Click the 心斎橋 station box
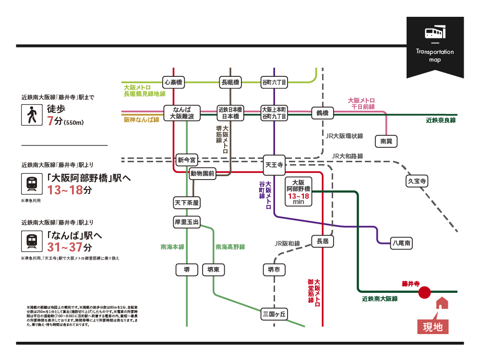pyautogui.click(x=174, y=82)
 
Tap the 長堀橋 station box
pyautogui.click(x=230, y=82)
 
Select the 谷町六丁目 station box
pyautogui.click(x=274, y=82)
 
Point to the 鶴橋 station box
pyautogui.click(x=322, y=113)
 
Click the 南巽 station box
pyautogui.click(x=386, y=141)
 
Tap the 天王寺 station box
pyautogui.click(x=274, y=165)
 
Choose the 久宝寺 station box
pyautogui.click(x=417, y=181)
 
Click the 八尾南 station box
pyautogui.click(x=401, y=243)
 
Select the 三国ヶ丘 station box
pyautogui.click(x=274, y=314)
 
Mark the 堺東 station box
pyautogui.click(x=214, y=270)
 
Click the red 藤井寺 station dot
pyautogui.click(x=424, y=292)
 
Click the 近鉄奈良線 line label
pyautogui.click(x=440, y=120)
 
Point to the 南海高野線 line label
pyautogui.click(x=230, y=247)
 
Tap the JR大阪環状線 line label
pyautogui.click(x=344, y=136)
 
